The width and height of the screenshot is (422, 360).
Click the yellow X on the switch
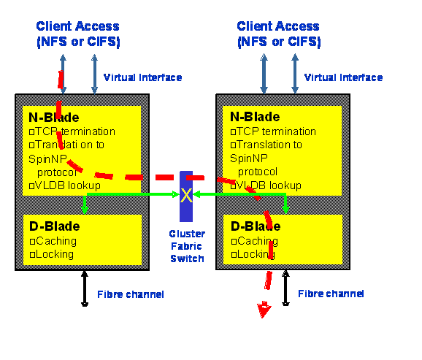186,195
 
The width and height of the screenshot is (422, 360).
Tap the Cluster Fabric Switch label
187,246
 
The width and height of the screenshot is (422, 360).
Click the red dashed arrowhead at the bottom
264,310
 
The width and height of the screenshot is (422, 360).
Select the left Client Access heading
78,34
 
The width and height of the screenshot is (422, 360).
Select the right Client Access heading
279,34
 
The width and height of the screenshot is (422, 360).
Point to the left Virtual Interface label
142,77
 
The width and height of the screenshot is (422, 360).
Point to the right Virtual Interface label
343,77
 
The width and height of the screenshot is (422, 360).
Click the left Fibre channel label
131,294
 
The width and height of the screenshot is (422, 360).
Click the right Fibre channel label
331,294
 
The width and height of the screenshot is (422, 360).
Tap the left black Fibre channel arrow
85,288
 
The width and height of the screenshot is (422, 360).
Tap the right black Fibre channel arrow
285,288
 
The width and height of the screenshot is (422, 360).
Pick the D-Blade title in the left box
55,226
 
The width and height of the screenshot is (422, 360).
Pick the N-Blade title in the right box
255,117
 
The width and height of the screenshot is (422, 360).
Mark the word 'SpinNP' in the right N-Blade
249,158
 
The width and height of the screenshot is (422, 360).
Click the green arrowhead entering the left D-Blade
85,210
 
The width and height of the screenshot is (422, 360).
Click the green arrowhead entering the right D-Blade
285,210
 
